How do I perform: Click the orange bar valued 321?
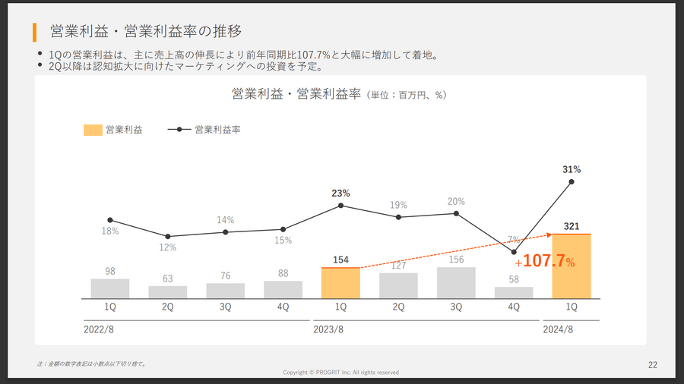click(x=572, y=266)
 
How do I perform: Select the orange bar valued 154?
click(x=340, y=283)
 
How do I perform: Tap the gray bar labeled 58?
click(x=514, y=292)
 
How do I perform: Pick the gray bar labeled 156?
click(x=456, y=282)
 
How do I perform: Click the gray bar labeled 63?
click(x=167, y=292)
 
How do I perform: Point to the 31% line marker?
click(x=572, y=181)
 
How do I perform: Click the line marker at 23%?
click(x=340, y=206)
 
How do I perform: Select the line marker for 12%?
click(x=167, y=237)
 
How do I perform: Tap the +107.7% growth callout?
click(x=545, y=261)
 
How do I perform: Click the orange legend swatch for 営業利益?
click(x=93, y=130)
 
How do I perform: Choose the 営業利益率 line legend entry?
click(x=204, y=130)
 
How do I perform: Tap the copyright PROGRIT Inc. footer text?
click(x=340, y=373)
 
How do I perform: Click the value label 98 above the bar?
click(x=109, y=271)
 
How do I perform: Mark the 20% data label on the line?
click(x=456, y=202)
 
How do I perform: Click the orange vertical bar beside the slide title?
click(x=35, y=32)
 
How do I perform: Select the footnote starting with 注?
click(x=91, y=364)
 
